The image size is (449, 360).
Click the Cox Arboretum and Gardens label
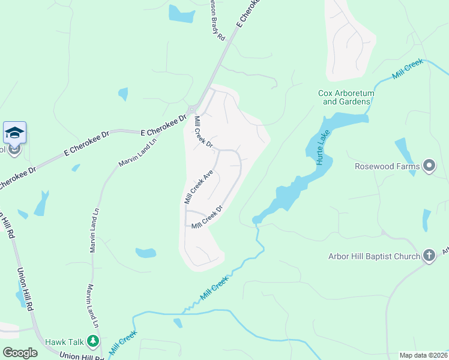(345, 97)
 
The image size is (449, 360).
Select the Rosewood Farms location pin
(429, 166)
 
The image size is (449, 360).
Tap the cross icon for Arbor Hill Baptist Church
(429, 256)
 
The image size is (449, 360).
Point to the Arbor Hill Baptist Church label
(374, 256)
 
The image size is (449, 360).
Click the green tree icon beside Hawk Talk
(92, 342)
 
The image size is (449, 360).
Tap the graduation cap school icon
(14, 133)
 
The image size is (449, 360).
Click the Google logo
(20, 352)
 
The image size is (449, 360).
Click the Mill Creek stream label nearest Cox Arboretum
(408, 69)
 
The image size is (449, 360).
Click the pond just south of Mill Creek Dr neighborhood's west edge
(146, 253)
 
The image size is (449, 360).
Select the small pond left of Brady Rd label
(181, 13)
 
